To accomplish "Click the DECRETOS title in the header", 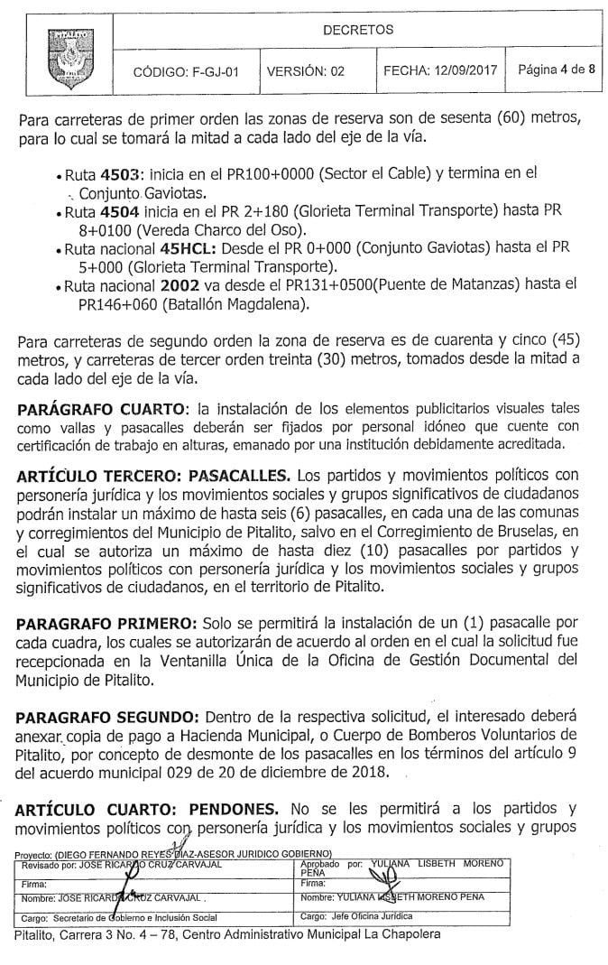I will [358, 30].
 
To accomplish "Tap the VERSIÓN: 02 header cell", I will [307, 72].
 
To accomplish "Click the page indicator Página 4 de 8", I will [557, 70].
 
